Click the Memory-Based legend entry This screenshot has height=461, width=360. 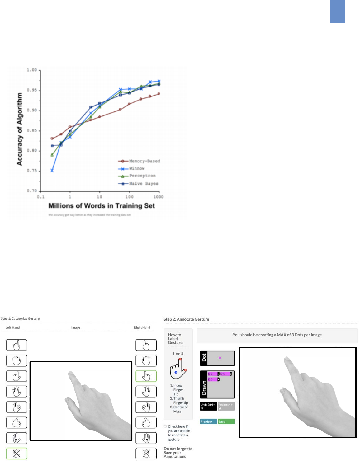[x=144, y=161]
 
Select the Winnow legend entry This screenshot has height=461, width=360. [x=137, y=168]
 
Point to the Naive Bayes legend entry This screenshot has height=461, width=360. [x=144, y=184]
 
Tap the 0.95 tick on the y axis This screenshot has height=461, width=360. [x=32, y=90]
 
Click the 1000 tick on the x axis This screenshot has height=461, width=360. [x=158, y=197]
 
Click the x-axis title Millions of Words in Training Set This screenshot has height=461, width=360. [x=102, y=206]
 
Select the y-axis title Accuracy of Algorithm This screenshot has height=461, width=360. [x=20, y=129]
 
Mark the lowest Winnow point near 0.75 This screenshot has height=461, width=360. [x=52, y=171]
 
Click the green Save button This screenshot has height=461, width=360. [x=226, y=422]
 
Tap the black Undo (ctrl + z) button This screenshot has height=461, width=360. [x=208, y=406]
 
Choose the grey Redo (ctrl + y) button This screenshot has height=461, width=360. [x=226, y=406]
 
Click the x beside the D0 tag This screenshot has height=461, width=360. [x=218, y=379]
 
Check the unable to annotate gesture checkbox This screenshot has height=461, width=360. [x=165, y=426]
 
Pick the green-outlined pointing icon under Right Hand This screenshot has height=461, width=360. [x=146, y=376]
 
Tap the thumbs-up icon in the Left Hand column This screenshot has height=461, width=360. [x=17, y=422]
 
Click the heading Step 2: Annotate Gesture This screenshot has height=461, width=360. [x=186, y=319]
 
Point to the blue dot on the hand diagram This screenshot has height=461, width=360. [x=176, y=372]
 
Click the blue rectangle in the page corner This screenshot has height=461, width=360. [x=337, y=12]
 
